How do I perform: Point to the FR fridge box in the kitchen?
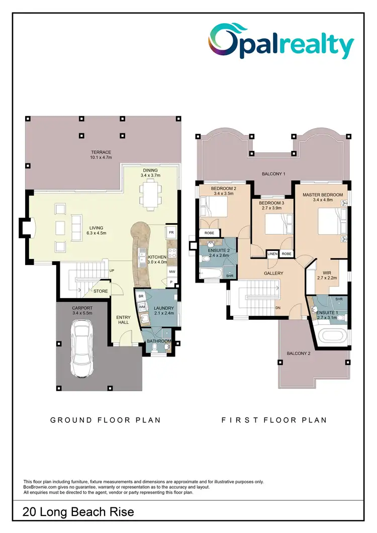tap(171, 233)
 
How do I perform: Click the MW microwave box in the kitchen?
tap(171, 271)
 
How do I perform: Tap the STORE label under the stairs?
tap(101, 291)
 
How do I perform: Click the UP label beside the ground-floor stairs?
tap(112, 271)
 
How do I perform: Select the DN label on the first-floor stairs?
tap(277, 308)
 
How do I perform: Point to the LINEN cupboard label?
tap(272, 254)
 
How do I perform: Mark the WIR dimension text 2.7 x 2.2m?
tap(327, 278)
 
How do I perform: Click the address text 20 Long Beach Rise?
tap(78, 512)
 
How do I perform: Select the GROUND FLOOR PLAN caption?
tap(106, 420)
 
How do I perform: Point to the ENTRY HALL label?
tap(124, 320)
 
